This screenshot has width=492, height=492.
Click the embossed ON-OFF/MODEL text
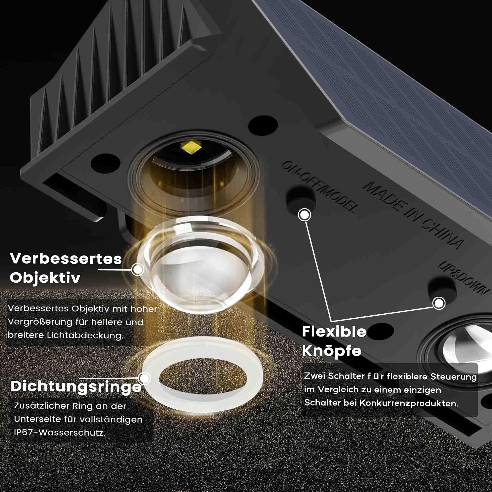coord(320,187)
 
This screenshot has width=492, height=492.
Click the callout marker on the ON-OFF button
coord(305,215)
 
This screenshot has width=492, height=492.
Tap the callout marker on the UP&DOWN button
coord(439,303)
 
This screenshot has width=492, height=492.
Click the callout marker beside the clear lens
coord(138,269)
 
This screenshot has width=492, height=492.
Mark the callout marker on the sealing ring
coord(145,378)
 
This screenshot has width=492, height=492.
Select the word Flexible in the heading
coord(334,332)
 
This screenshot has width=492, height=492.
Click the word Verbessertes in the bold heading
coord(66,259)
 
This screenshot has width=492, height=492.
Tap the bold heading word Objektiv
coord(45,277)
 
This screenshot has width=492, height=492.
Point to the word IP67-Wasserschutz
coord(60,433)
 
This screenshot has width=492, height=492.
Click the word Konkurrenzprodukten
coord(408,403)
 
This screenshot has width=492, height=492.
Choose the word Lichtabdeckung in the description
coord(85,335)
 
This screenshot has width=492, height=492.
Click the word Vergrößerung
coord(40,323)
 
